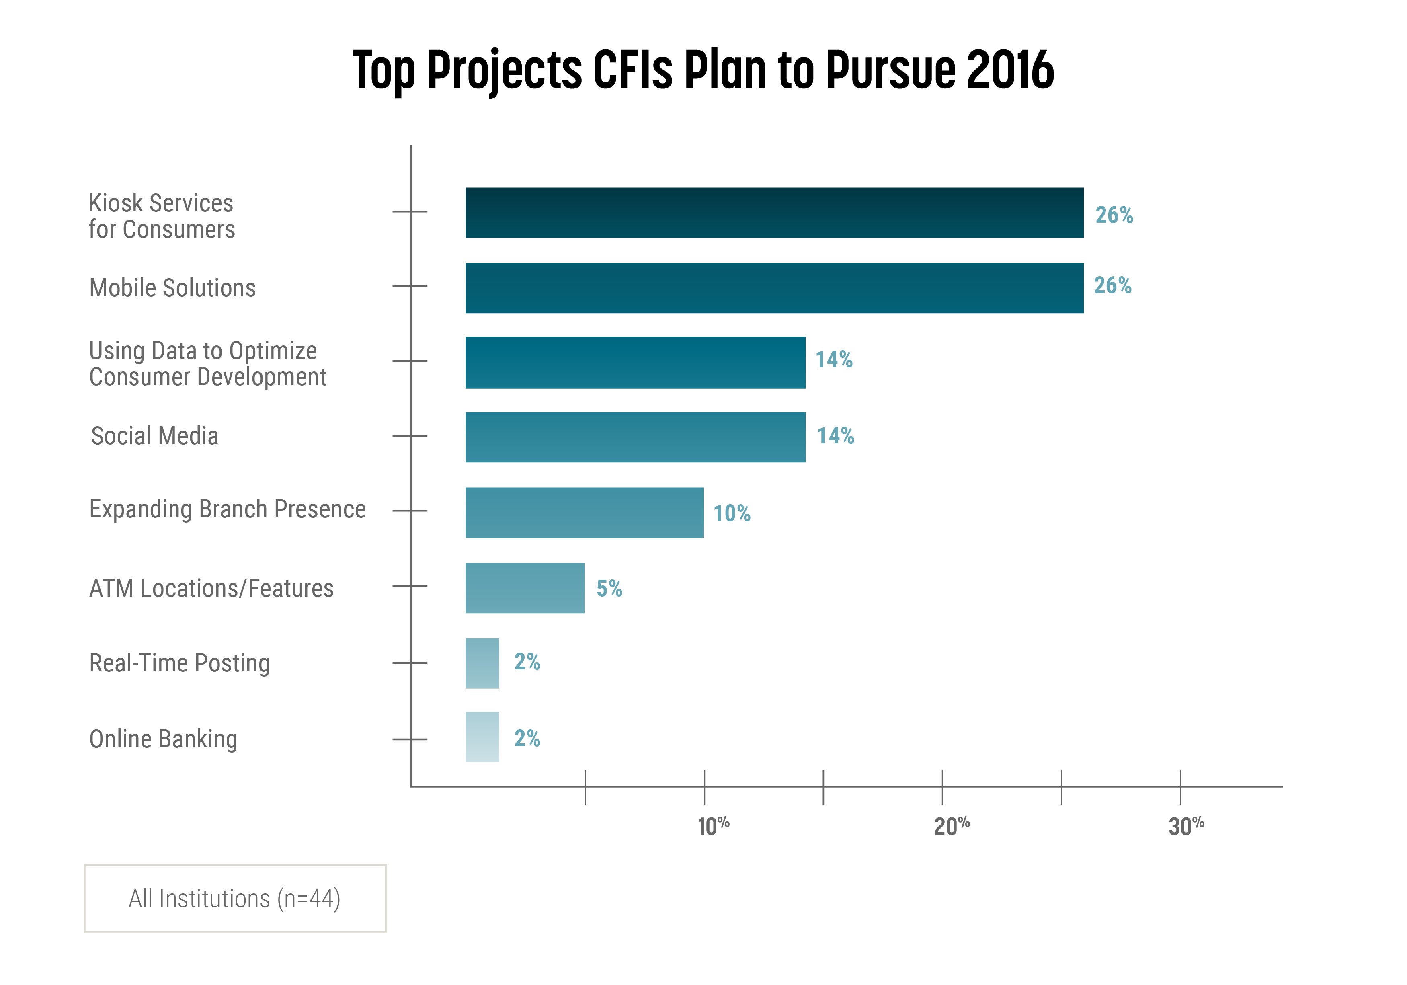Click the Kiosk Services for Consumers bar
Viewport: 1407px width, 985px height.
774,213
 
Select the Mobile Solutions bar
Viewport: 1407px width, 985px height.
774,288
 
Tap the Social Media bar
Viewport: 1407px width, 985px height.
635,437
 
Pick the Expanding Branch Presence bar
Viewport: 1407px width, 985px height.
584,513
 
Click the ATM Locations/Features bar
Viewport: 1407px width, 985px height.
525,588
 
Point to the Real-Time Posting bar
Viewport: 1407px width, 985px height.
482,663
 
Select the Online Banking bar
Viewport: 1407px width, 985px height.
482,737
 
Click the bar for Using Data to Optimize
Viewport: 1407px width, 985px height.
635,362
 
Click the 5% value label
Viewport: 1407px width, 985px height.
609,589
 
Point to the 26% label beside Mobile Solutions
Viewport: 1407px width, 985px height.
1113,285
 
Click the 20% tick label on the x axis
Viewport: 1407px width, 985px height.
952,826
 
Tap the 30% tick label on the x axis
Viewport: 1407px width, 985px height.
1186,826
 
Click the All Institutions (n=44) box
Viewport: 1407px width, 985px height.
235,899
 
